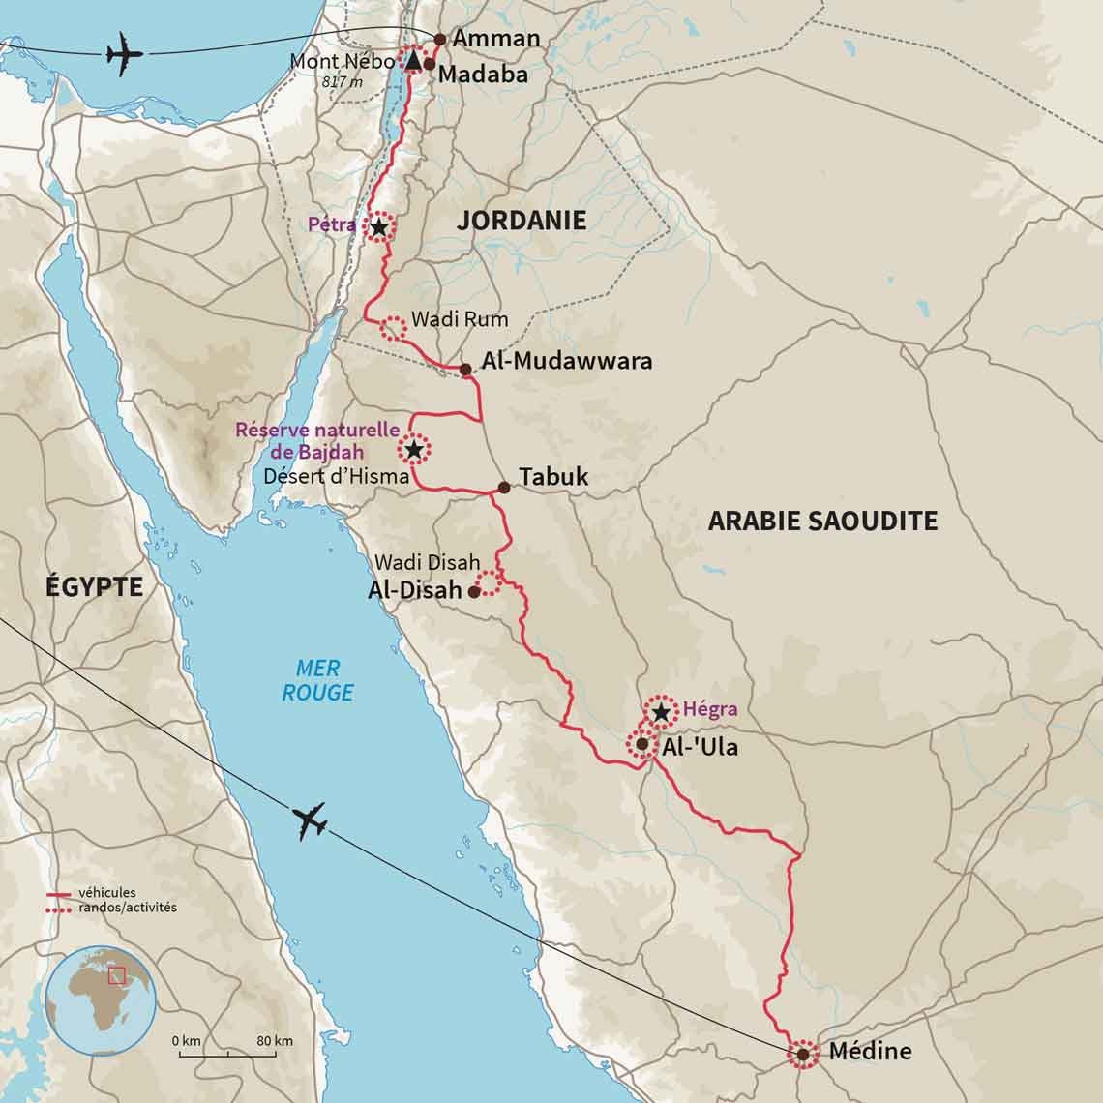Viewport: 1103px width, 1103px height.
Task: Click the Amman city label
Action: click(x=495, y=39)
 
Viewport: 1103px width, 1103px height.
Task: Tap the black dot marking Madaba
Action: click(x=430, y=64)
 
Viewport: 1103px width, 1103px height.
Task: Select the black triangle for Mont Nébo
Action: click(x=413, y=60)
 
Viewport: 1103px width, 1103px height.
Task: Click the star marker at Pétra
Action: click(x=379, y=227)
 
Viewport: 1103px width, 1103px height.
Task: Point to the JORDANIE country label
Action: click(x=522, y=221)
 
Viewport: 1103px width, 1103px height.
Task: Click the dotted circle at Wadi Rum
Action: click(x=393, y=328)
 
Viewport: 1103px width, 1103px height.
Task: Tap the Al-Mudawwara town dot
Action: click(x=465, y=370)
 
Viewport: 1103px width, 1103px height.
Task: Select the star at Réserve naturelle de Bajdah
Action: click(x=414, y=450)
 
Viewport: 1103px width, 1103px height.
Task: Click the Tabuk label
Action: click(x=552, y=477)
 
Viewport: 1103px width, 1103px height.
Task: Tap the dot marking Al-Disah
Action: click(x=474, y=591)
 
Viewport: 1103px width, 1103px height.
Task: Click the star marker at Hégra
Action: click(x=661, y=713)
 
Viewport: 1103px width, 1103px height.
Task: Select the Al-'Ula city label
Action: click(x=700, y=747)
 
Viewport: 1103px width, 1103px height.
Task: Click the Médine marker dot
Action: click(x=803, y=1054)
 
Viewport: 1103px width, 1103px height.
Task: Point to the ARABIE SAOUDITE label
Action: click(x=822, y=521)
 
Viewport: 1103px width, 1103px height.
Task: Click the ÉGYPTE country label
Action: click(x=94, y=586)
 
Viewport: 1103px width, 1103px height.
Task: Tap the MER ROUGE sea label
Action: click(x=317, y=680)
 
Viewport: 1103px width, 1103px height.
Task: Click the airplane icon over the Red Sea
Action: click(x=311, y=820)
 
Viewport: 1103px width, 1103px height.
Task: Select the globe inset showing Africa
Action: click(x=101, y=1000)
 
